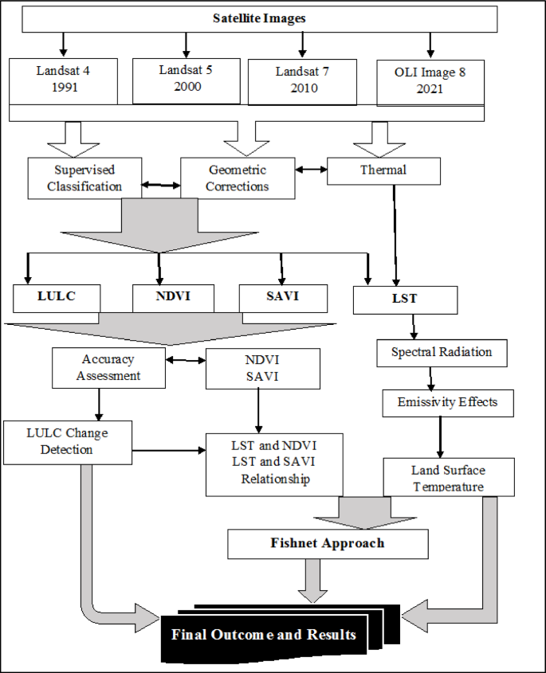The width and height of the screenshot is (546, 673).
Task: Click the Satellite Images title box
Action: pos(260,19)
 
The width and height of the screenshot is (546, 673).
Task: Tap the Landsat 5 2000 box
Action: pos(185,79)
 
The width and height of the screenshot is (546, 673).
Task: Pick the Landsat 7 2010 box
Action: pos(302,80)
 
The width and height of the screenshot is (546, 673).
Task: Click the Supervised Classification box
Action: pos(84,178)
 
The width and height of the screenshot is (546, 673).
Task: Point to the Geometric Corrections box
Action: pos(238,178)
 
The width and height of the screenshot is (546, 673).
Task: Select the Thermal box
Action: pos(383,170)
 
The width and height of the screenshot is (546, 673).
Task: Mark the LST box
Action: pos(406,299)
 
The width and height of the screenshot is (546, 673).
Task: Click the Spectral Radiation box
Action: pos(442,352)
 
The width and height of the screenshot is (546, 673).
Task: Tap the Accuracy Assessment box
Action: pos(108,367)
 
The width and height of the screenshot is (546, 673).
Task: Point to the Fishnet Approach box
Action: pos(328,544)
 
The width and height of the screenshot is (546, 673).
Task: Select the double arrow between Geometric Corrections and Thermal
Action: pos(312,170)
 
